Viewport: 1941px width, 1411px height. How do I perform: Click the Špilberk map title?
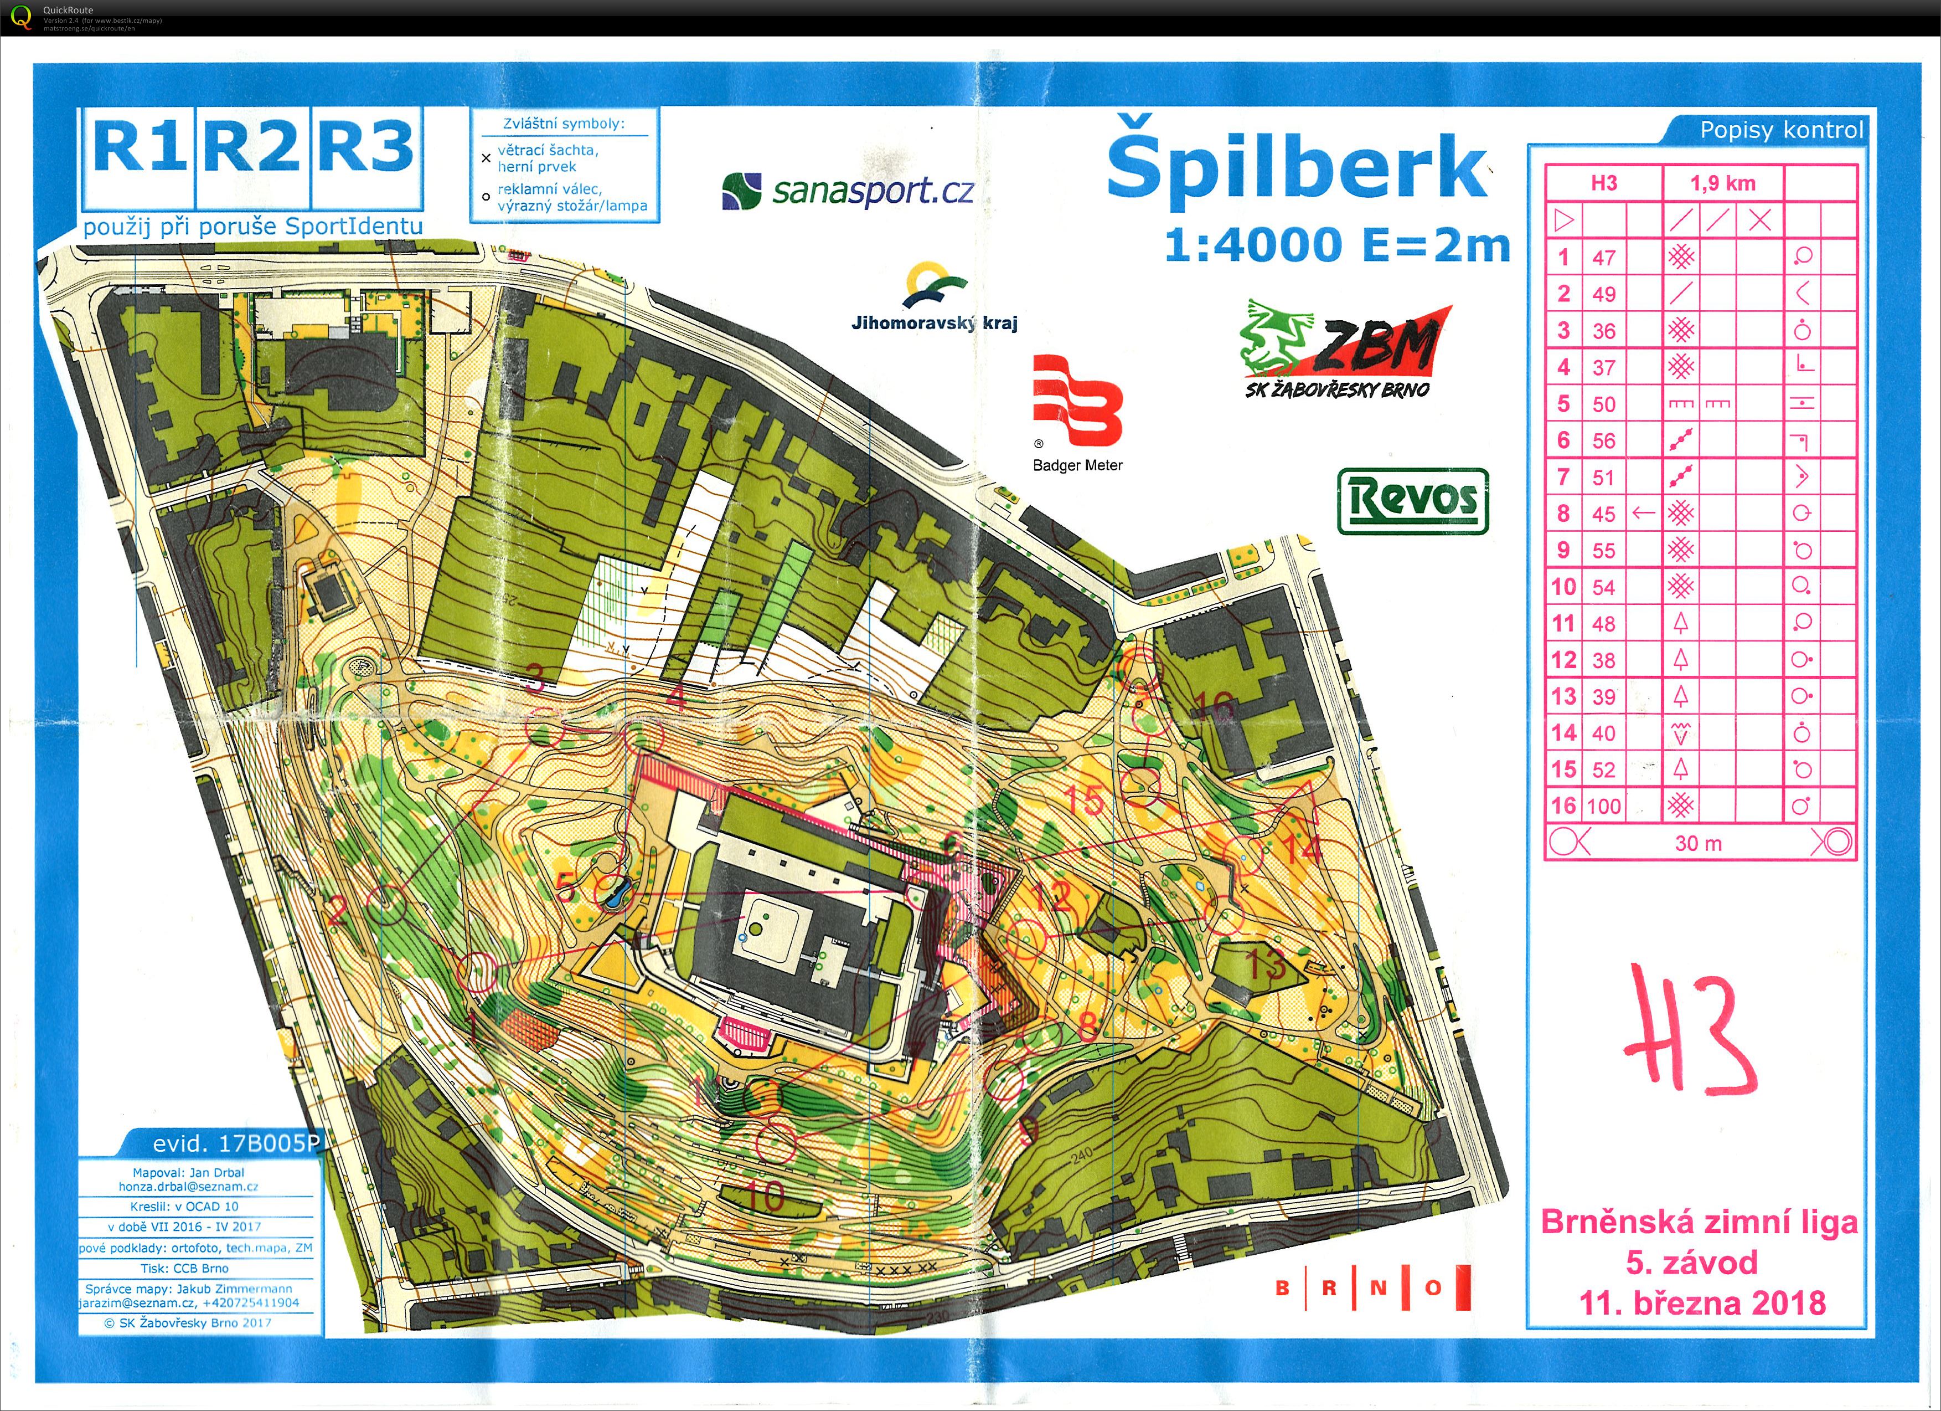1297,170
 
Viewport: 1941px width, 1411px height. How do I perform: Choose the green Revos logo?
1413,501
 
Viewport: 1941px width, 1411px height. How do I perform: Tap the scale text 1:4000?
1253,246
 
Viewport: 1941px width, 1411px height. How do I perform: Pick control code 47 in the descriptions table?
1604,257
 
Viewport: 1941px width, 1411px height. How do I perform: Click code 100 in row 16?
1604,805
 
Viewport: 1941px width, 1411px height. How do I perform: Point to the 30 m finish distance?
1698,843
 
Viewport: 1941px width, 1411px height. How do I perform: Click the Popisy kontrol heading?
1780,130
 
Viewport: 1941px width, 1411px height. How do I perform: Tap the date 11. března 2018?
1701,1303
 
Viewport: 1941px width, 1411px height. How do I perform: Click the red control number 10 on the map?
764,1196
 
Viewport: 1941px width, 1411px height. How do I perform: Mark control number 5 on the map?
565,886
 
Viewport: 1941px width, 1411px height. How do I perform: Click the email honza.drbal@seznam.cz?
188,1187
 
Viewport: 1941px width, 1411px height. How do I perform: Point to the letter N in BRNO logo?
1378,1287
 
